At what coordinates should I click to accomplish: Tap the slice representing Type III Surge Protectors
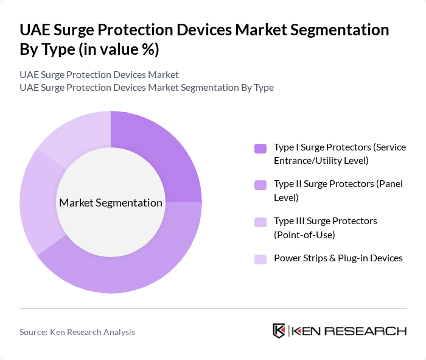point(37,201)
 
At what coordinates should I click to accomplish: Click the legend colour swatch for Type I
point(260,148)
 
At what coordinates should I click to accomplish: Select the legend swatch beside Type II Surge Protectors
point(260,185)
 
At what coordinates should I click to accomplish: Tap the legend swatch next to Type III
point(260,222)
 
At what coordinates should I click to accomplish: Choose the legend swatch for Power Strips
point(260,259)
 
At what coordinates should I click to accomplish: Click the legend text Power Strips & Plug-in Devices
point(338,258)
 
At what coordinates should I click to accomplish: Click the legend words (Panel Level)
point(286,197)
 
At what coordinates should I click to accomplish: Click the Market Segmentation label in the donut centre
point(110,203)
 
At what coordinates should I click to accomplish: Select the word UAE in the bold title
point(35,30)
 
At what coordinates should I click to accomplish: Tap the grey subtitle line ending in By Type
point(147,88)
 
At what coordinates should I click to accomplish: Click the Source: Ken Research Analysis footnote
point(77,332)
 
